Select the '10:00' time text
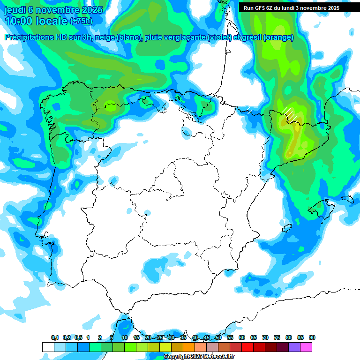[18, 21]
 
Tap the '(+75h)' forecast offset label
[81, 21]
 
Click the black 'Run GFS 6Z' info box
[292, 7]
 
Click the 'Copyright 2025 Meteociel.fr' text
[199, 356]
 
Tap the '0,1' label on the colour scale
[55, 337]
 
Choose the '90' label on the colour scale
[312, 337]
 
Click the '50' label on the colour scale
[218, 337]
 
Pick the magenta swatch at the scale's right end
[306, 347]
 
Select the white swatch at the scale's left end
[48, 347]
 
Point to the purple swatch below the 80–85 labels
[294, 347]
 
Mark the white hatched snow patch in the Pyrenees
[289, 113]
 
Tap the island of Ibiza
[286, 228]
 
